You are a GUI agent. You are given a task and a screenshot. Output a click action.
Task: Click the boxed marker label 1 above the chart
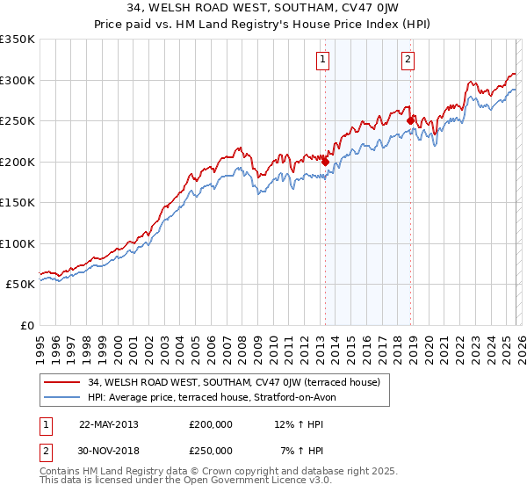tap(323, 60)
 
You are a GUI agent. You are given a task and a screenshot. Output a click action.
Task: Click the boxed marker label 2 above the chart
tap(409, 60)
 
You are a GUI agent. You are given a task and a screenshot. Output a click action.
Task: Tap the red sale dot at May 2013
tap(325, 162)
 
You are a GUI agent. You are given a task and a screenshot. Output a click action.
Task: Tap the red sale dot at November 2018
tap(410, 120)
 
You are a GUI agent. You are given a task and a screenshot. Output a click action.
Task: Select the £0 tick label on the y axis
tap(26, 326)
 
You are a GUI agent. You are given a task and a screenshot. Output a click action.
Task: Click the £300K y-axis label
tap(18, 80)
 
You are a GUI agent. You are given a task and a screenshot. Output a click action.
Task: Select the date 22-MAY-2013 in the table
tap(109, 424)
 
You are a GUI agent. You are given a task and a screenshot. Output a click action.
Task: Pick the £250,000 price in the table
tap(211, 451)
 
